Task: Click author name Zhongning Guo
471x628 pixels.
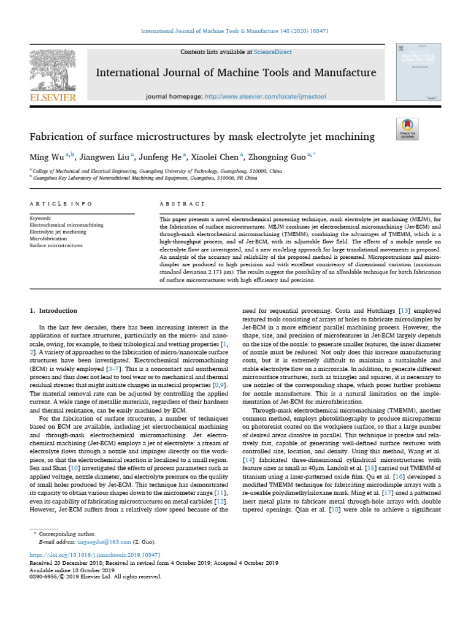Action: coord(280,156)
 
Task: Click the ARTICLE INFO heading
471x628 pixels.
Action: coord(61,203)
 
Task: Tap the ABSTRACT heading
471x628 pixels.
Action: coord(182,203)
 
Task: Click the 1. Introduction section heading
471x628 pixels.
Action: coord(54,311)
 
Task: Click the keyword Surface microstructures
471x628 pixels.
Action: coord(56,245)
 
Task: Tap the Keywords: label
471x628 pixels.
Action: coord(41,218)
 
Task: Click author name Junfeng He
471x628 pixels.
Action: coord(163,156)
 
